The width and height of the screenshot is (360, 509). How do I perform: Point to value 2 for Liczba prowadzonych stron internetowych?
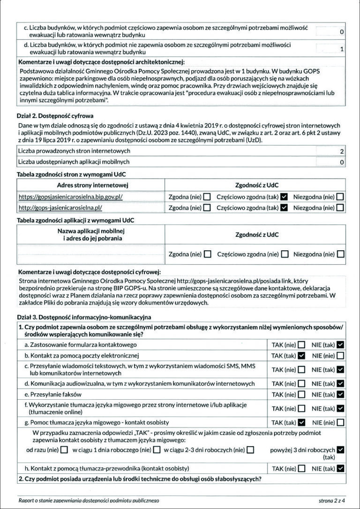coord(342,151)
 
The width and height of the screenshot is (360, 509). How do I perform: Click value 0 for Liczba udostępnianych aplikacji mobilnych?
coord(342,162)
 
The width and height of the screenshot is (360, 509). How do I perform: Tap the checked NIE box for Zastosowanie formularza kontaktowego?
coord(340,345)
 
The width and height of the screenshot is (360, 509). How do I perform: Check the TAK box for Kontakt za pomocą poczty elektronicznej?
coord(301,355)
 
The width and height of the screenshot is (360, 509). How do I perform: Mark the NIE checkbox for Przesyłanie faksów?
coord(340,395)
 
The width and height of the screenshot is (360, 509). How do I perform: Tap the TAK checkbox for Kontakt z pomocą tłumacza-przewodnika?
coord(301,468)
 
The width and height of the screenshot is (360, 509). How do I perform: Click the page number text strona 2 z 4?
coord(332,501)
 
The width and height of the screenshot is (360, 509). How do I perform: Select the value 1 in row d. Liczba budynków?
coord(342,49)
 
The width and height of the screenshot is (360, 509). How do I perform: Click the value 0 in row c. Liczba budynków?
coord(342,32)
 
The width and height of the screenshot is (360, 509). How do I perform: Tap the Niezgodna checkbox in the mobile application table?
coord(340,254)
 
